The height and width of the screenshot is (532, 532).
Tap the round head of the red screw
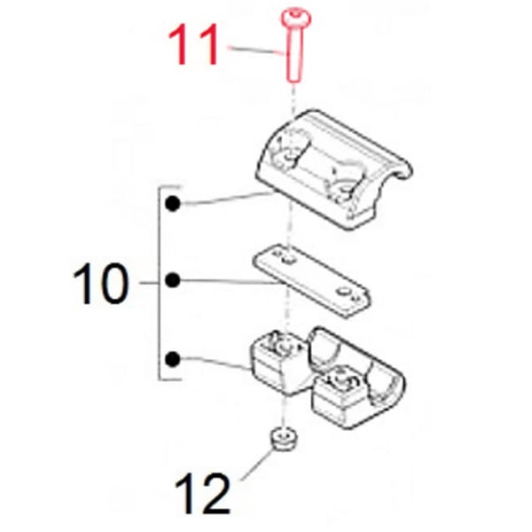[292, 17]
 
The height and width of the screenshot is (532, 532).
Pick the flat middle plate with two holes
[310, 278]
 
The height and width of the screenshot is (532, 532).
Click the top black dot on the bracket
[174, 205]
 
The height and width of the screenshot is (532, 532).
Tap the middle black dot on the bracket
[174, 281]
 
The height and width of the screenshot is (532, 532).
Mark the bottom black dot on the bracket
[174, 359]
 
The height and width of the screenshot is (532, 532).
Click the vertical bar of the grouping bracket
[159, 284]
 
